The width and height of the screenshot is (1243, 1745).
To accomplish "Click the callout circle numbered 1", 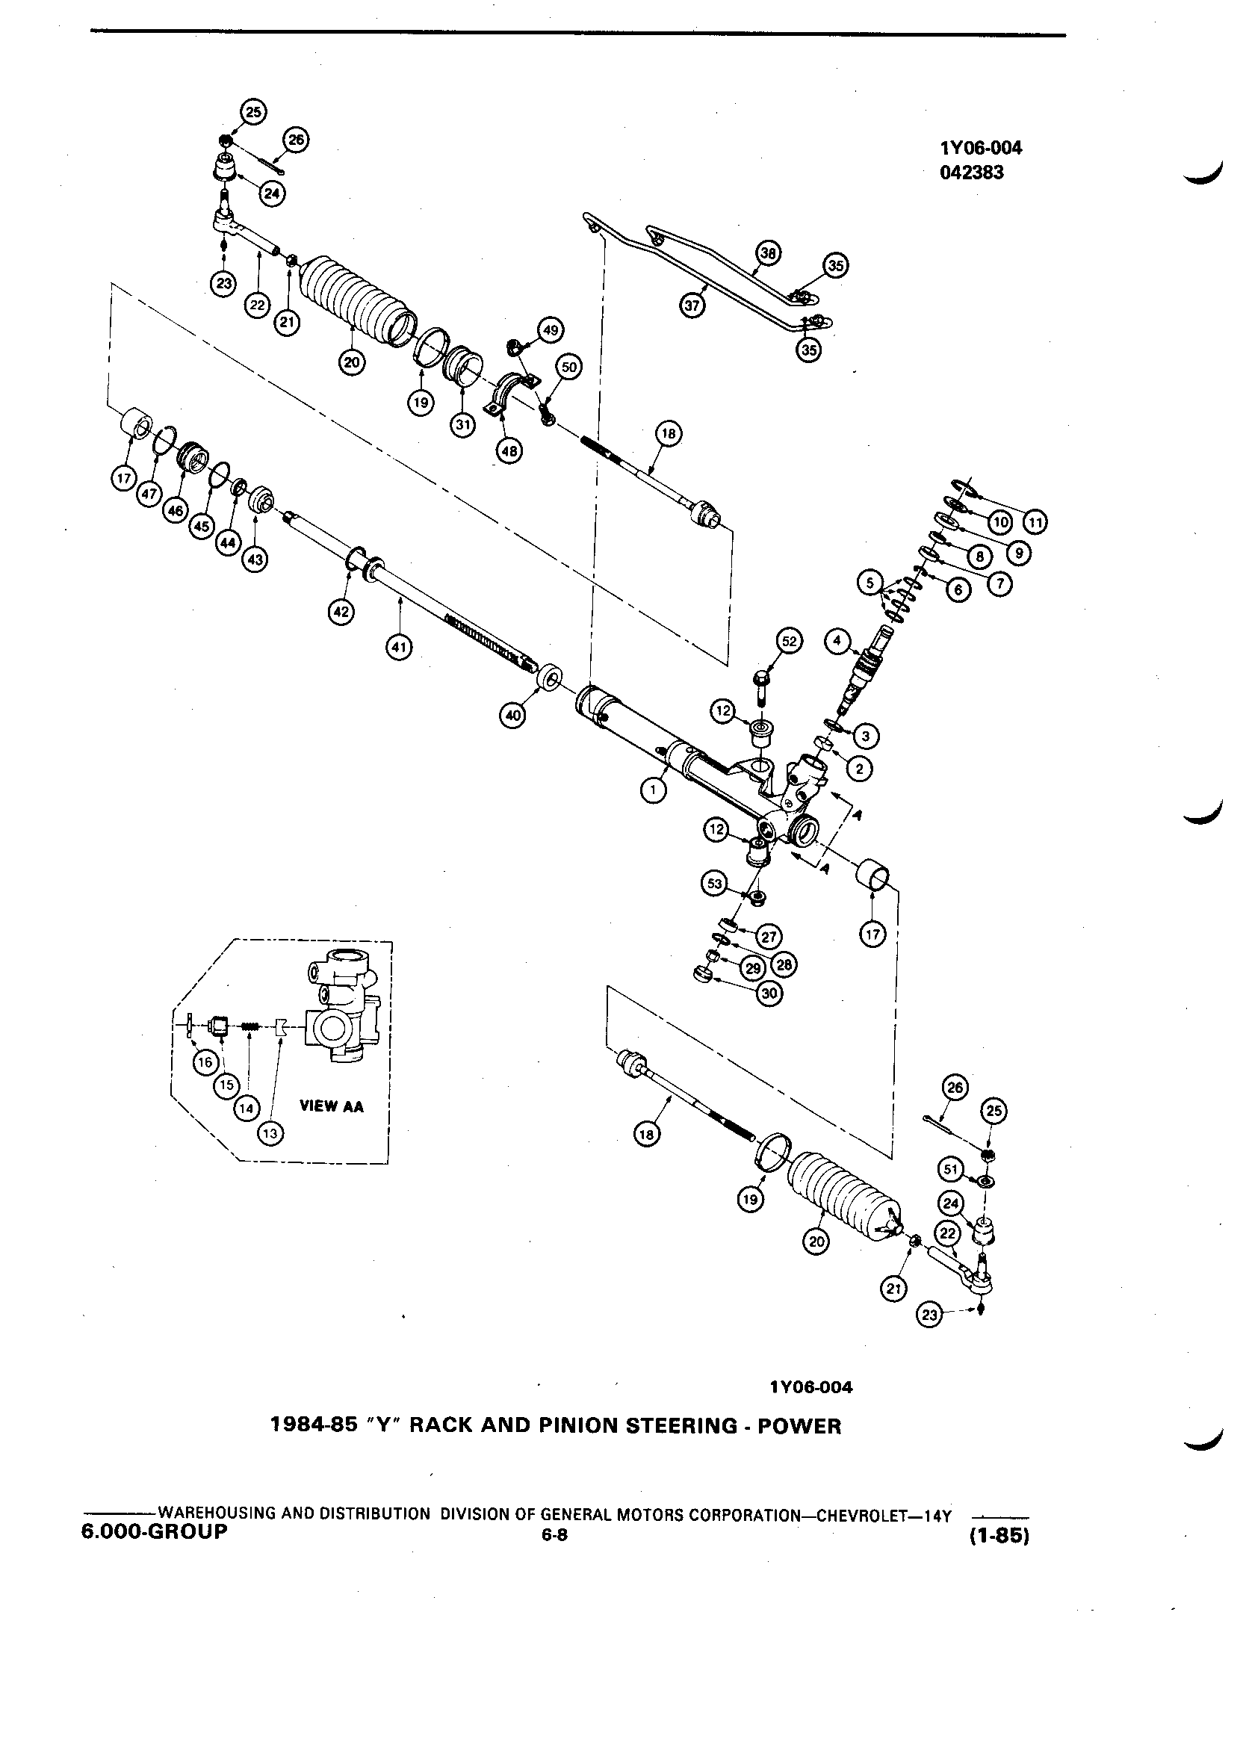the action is tap(652, 790).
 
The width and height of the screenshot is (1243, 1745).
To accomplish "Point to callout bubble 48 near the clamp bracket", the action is tap(508, 450).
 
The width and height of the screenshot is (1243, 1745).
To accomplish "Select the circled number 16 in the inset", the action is tap(205, 1062).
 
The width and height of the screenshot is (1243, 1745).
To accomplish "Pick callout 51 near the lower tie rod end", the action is tap(950, 1170).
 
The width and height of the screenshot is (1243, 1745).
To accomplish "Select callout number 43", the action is tap(255, 560).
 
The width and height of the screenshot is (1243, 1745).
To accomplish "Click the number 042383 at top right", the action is tap(972, 173).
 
